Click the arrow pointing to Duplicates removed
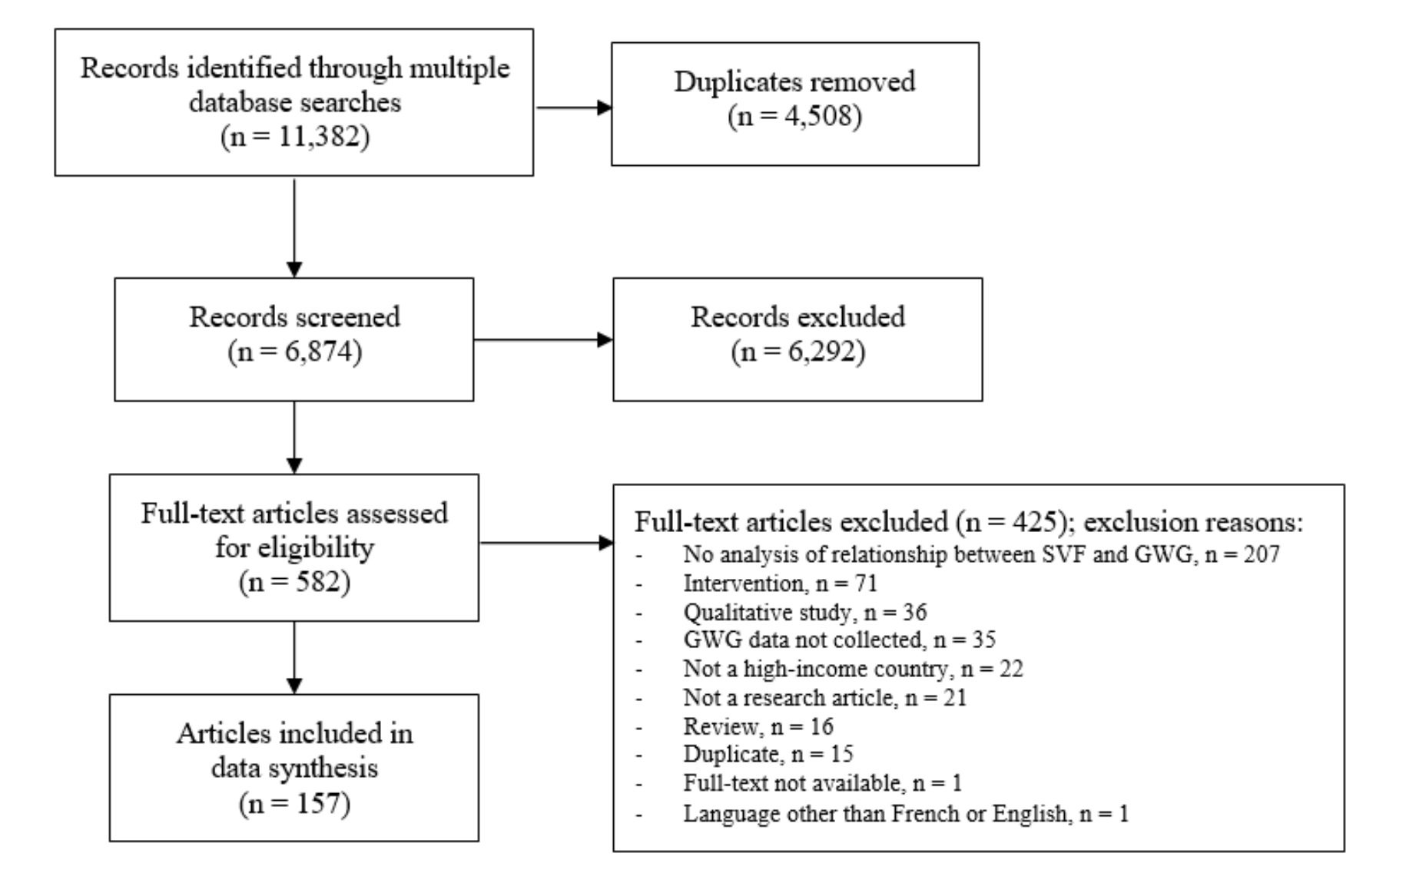coord(574,107)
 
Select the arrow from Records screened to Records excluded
coord(543,339)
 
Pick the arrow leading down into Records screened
coord(293,227)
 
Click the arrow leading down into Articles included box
coord(293,658)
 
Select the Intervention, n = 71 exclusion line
coord(780,584)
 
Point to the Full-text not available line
coord(822,783)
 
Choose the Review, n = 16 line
coord(758,726)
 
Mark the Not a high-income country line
coord(853,669)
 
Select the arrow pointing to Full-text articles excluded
coord(546,543)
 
